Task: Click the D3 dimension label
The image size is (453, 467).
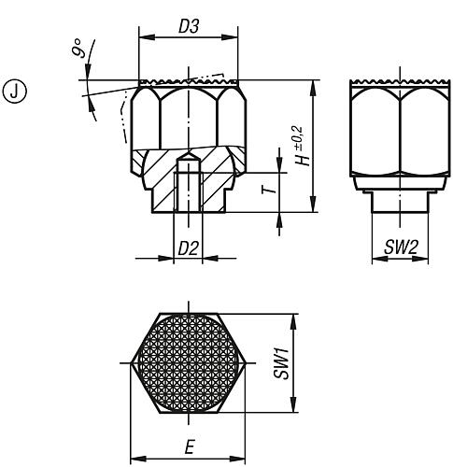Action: (188, 29)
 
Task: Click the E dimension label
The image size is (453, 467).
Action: (191, 447)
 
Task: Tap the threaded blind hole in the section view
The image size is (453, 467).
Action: (188, 191)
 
